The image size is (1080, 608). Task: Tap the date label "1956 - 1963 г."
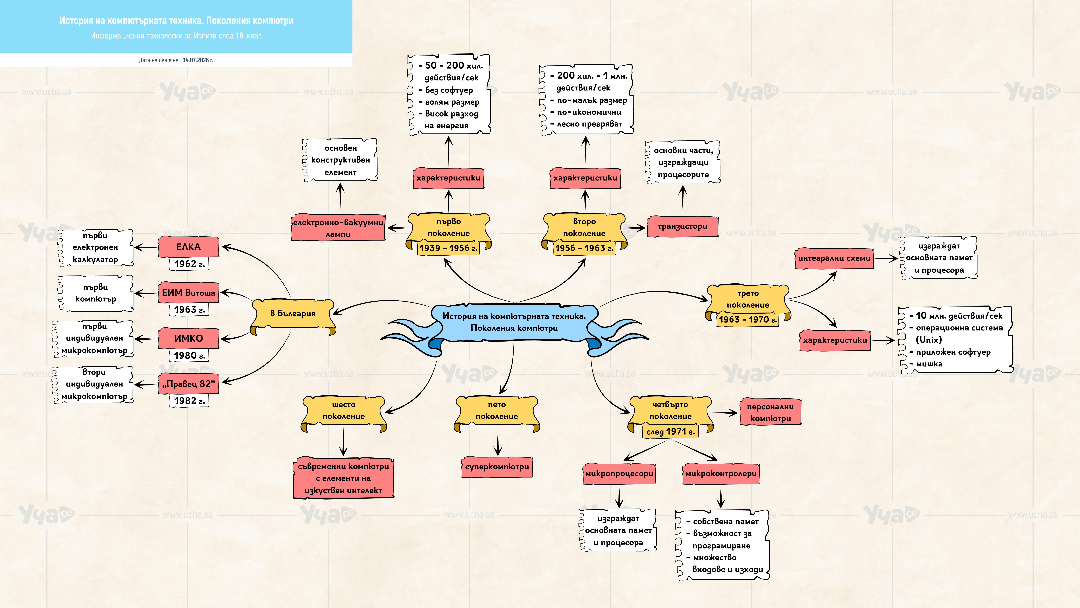tap(584, 248)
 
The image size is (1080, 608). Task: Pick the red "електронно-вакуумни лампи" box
tap(338, 228)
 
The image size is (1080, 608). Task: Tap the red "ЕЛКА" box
tap(189, 247)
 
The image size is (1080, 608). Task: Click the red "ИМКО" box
tap(189, 338)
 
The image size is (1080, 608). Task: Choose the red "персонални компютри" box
tap(770, 412)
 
